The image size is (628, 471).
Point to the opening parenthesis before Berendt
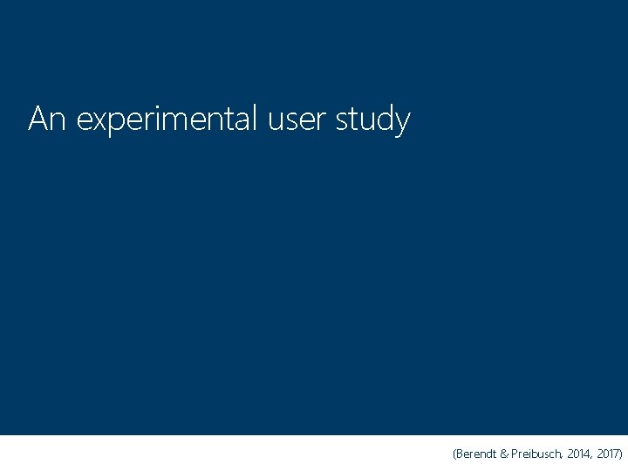tap(454, 454)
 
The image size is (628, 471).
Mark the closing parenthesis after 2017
tap(620, 454)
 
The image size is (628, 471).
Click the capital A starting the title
tap(38, 119)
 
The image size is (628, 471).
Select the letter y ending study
tap(401, 124)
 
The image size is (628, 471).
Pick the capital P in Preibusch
tap(517, 454)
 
